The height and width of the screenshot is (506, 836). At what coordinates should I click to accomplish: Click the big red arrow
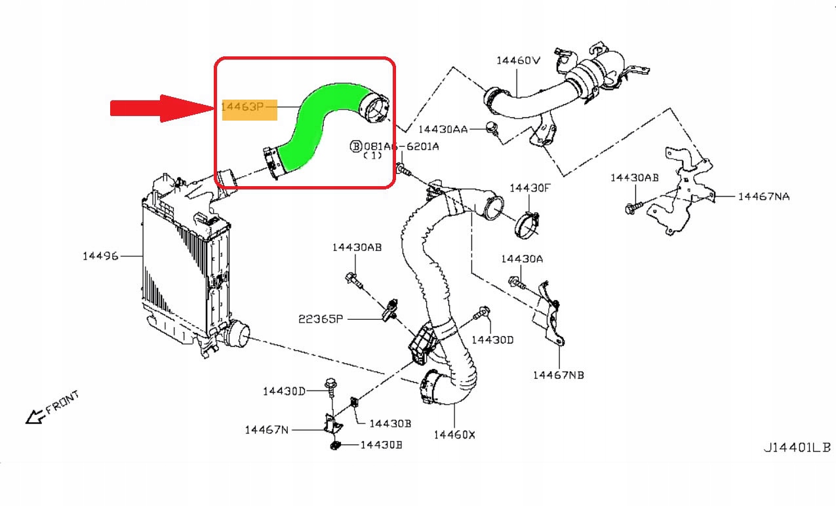pos(161,108)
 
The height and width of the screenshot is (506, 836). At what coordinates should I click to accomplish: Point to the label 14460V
pos(517,60)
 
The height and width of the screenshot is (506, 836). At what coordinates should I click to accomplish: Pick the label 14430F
pos(530,188)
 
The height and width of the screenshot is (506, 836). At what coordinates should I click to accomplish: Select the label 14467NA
pos(763,196)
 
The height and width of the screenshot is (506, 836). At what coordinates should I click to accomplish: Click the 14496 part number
pos(100,256)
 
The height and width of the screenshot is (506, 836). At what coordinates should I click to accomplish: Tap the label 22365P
pos(321,319)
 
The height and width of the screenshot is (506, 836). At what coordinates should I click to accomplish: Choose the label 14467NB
pos(558,375)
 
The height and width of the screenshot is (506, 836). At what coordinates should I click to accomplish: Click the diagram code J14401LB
pos(796,448)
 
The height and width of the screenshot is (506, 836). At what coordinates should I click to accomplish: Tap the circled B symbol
pos(356,146)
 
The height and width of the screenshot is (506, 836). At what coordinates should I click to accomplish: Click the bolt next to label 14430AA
pos(492,128)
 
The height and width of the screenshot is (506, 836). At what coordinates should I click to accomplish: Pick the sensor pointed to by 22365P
pos(391,308)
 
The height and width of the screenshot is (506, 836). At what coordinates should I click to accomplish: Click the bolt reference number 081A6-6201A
pos(401,146)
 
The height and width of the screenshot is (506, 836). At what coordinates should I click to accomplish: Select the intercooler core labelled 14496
pos(177,269)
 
